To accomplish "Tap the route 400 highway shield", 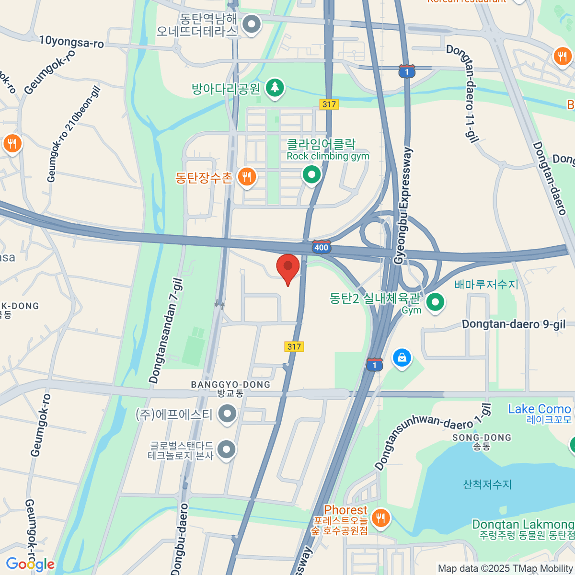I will [x=321, y=247].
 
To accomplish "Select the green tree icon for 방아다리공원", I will [x=275, y=88].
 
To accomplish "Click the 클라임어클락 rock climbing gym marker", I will [x=312, y=174].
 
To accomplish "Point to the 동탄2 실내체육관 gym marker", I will [x=435, y=302].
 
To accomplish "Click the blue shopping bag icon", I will [x=402, y=358].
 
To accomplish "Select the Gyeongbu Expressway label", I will [x=403, y=206].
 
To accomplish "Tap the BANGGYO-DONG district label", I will [x=230, y=385].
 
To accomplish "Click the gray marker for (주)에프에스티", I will [x=227, y=413].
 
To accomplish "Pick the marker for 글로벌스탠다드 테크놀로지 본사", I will [x=227, y=449].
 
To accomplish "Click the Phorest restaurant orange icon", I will [x=380, y=517].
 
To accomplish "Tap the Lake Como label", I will [x=540, y=409].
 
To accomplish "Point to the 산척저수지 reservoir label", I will [x=487, y=484].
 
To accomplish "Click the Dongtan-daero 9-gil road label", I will [x=514, y=324].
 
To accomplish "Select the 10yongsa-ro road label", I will [x=71, y=42].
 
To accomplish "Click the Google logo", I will [x=30, y=564].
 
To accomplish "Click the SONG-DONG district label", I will [x=482, y=437].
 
